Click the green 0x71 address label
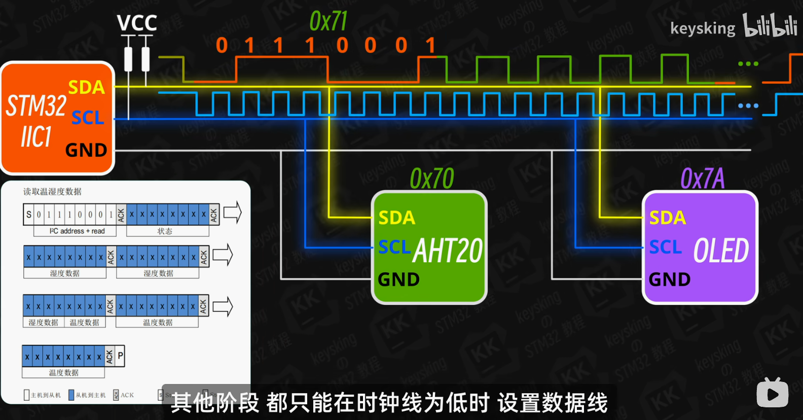tap(328, 22)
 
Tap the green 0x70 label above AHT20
tap(432, 179)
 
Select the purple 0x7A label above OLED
tap(703, 179)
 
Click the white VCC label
tap(137, 23)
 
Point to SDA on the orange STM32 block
tap(86, 87)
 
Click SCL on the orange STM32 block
tap(87, 118)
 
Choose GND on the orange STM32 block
tap(86, 150)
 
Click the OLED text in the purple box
tap(721, 251)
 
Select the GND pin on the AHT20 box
tap(399, 279)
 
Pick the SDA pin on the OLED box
tap(668, 218)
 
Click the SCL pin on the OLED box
tap(666, 247)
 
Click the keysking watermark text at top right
tap(703, 28)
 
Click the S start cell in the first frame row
tap(29, 215)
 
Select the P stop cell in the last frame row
tap(120, 356)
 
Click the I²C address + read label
tap(77, 231)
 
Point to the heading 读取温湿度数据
tap(52, 192)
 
